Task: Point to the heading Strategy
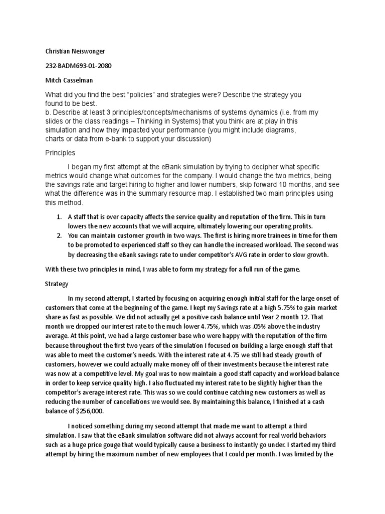[57, 284]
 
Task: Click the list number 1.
[60, 217]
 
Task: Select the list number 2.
[60, 235]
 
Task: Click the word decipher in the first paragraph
[255, 166]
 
